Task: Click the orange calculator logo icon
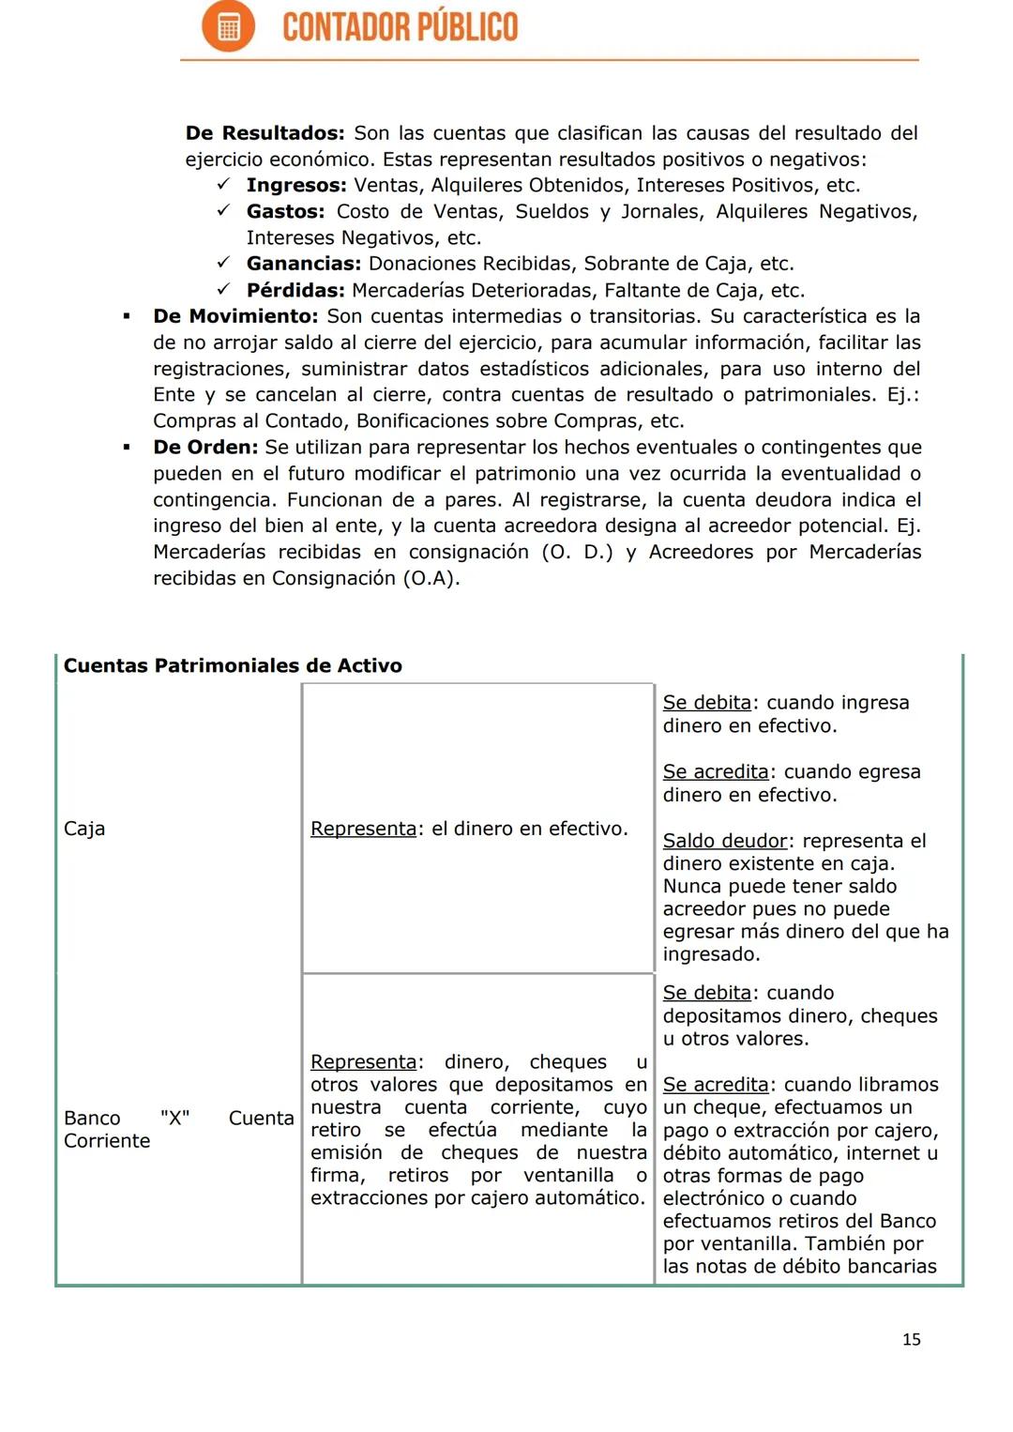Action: [228, 26]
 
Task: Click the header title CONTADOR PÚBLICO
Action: [400, 27]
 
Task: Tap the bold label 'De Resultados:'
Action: [265, 133]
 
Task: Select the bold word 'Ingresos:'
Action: [296, 186]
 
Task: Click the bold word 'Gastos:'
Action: [285, 212]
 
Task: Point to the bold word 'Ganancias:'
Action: [303, 264]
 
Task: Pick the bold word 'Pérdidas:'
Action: [295, 291]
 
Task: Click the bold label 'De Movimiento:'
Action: [235, 316]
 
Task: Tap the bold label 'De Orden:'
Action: [204, 448]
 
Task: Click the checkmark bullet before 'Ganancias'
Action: [224, 264]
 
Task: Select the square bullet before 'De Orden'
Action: [127, 448]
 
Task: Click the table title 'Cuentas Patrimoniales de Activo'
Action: [233, 666]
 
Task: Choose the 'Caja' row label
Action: [84, 829]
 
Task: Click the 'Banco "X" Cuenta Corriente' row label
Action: [178, 1129]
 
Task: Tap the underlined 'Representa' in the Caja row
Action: [363, 829]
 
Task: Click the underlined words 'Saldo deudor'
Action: [725, 841]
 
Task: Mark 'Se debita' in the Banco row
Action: [706, 993]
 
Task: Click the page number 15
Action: [911, 1339]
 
